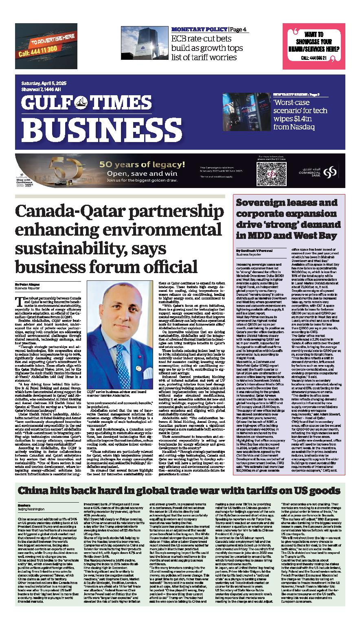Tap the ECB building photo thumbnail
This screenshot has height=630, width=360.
(x=144, y=44)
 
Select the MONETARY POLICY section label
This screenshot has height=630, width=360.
(x=199, y=30)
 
